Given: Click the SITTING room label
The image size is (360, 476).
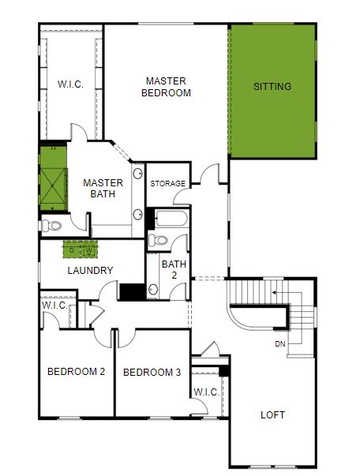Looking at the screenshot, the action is (272, 87).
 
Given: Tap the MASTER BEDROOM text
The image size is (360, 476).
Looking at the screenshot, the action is (166, 87).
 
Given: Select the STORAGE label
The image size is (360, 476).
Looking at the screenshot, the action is (168, 183).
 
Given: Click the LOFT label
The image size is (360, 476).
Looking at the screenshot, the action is (272, 414).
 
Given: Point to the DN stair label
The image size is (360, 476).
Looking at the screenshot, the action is (279, 344).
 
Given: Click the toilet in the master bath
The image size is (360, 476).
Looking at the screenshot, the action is (51, 226).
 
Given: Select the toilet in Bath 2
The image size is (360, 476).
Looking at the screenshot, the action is (158, 241).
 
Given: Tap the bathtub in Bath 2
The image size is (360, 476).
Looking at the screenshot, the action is (171, 219).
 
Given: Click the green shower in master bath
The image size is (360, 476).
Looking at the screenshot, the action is (53, 178).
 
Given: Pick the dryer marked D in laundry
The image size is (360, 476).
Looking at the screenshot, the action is (72, 250).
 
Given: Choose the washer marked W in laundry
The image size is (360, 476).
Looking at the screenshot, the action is (89, 250).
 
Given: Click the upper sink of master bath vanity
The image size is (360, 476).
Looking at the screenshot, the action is (138, 174).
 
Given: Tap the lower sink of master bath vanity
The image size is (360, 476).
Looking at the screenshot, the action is (138, 215).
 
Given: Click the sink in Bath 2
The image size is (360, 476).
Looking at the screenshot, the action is (153, 289).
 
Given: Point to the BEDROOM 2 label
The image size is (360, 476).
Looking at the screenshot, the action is (77, 372).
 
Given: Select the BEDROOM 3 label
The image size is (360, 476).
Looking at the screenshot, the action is (152, 372).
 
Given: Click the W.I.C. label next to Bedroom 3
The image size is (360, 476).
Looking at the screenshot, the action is (206, 392).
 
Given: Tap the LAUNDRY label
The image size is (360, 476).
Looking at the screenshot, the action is (90, 271).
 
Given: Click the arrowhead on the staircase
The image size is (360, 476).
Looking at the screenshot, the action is (274, 293).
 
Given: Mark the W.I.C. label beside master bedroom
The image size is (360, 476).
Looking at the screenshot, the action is (70, 84).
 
